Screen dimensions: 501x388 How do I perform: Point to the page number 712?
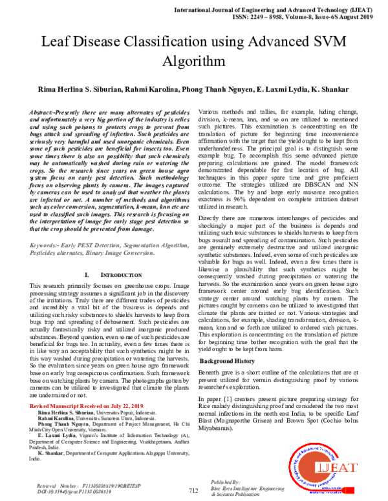pos(193,491)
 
